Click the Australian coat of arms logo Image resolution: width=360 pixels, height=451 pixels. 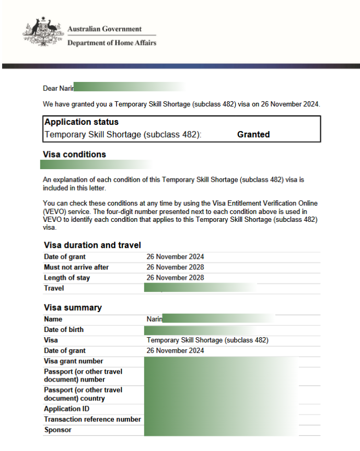pyautogui.click(x=41, y=34)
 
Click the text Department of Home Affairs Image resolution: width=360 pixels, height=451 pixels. pyautogui.click(x=111, y=43)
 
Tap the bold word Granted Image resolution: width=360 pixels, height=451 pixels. pyautogui.click(x=253, y=134)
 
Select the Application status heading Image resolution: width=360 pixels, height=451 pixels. pyautogui.click(x=82, y=122)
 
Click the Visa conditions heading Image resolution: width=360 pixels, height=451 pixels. pyautogui.click(x=75, y=155)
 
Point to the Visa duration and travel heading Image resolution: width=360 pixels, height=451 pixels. pyautogui.click(x=92, y=245)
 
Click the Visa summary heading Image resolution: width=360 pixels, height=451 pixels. pyautogui.click(x=73, y=307)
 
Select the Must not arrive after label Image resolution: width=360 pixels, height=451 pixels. pyautogui.click(x=76, y=267)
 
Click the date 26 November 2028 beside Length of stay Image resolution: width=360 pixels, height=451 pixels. pyautogui.click(x=175, y=278)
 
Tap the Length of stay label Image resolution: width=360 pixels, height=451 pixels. pyautogui.click(x=67, y=278)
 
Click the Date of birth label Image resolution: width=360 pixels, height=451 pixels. pyautogui.click(x=64, y=330)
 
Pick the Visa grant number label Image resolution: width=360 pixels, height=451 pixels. pyautogui.click(x=74, y=361)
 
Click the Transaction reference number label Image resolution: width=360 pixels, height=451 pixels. pyautogui.click(x=92, y=420)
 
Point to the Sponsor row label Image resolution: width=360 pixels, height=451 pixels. pyautogui.click(x=58, y=430)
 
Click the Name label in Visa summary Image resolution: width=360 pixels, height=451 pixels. pyautogui.click(x=53, y=319)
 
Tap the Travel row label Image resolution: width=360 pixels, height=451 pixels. pyautogui.click(x=54, y=288)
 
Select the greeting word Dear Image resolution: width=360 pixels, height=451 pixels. pyautogui.click(x=50, y=89)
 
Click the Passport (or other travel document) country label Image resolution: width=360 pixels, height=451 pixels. pyautogui.click(x=83, y=394)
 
